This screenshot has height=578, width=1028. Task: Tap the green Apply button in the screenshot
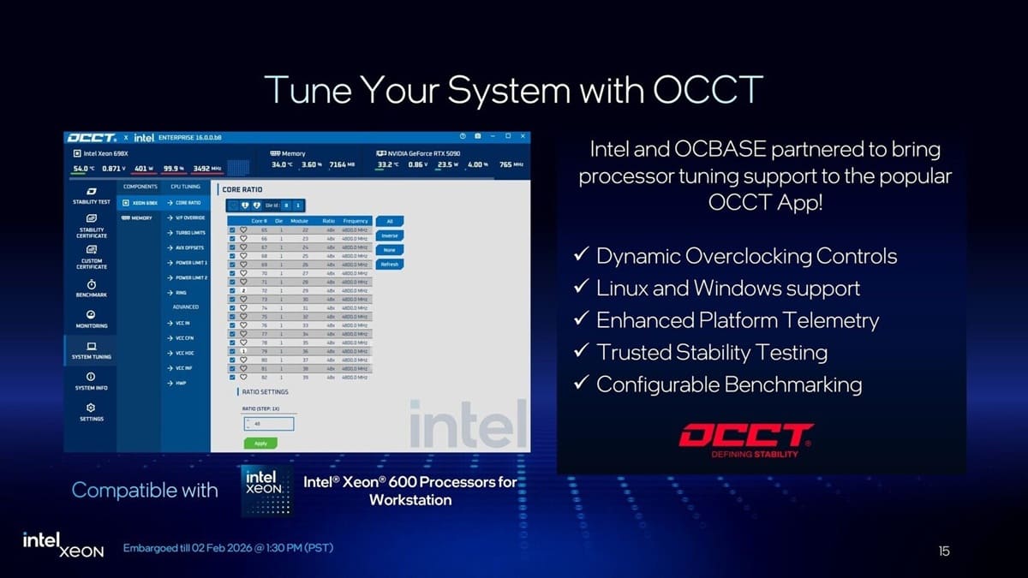pos(260,443)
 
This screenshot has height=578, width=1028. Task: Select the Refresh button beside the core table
pos(390,265)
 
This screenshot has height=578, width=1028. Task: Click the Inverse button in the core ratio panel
pos(390,235)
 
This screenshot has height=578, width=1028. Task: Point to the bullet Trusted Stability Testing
pos(711,352)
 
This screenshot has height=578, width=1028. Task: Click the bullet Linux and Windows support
pos(727,288)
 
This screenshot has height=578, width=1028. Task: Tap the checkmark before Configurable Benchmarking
pos(580,384)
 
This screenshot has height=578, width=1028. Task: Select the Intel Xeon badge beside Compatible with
pos(266,490)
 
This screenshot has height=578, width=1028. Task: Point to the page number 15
pos(943,551)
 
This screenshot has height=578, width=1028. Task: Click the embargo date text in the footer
pos(228,548)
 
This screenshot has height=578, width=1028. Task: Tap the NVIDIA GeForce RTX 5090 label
pos(424,153)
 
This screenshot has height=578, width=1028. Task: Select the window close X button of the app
pos(521,137)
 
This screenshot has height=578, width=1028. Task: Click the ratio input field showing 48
pos(268,424)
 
